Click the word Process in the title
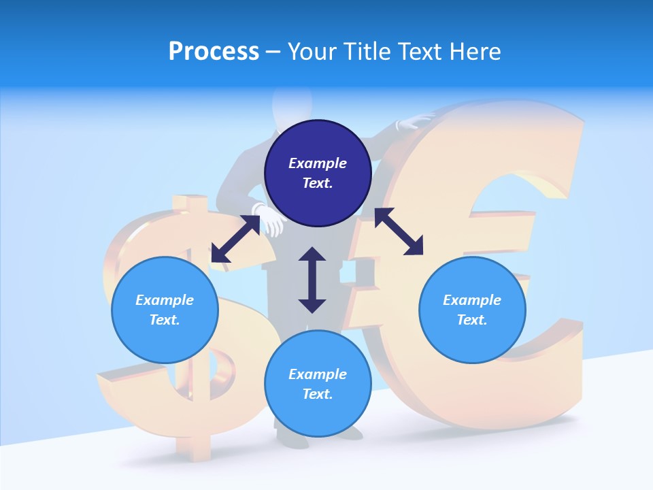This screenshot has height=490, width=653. coord(214,52)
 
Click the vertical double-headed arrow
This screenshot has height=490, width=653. coord(312,280)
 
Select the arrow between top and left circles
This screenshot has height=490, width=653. coord(235,239)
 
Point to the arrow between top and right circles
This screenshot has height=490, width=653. coord(399,231)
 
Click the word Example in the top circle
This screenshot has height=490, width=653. coord(318,163)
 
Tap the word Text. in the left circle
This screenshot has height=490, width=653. coord(165,320)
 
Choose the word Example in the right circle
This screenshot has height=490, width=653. coord(472,300)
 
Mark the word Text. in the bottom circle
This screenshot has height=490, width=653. coord(318,394)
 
